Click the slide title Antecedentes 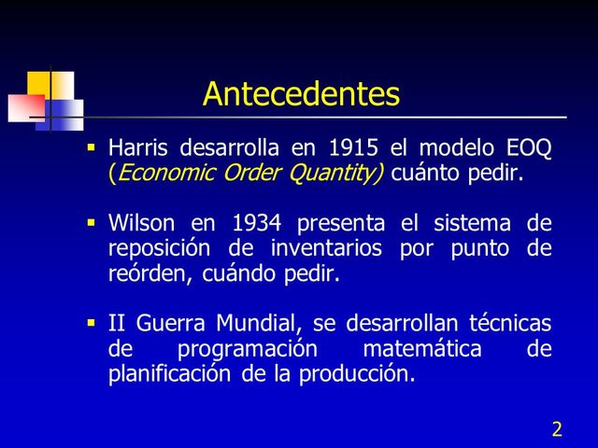pyautogui.click(x=301, y=94)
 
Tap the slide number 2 pyautogui.click(x=557, y=429)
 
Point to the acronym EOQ pyautogui.click(x=527, y=147)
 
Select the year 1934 pyautogui.click(x=258, y=224)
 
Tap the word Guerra pyautogui.click(x=173, y=325)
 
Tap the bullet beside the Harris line pyautogui.click(x=92, y=147)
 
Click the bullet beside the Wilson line pyautogui.click(x=92, y=224)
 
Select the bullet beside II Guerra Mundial pyautogui.click(x=92, y=324)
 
